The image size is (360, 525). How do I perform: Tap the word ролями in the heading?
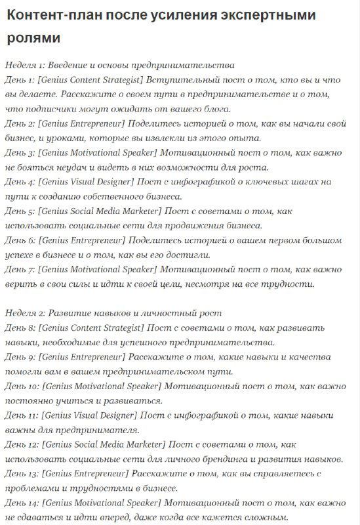pyautogui.click(x=35, y=37)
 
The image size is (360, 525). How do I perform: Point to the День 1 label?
pyautogui.click(x=19, y=80)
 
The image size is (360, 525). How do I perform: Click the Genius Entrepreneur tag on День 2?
pyautogui.click(x=82, y=123)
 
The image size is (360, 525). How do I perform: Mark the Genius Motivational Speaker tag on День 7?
pyautogui.click(x=99, y=269)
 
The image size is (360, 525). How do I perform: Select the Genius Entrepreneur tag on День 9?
pyautogui.click(x=82, y=357)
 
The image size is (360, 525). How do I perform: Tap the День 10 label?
pyautogui.click(x=22, y=386)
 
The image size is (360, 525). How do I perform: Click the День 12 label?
pyautogui.click(x=22, y=444)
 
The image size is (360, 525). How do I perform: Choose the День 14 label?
pyautogui.click(x=22, y=503)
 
